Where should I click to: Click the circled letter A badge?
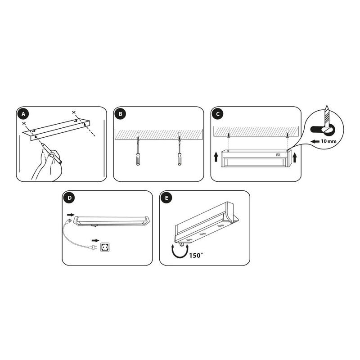[x=23, y=114]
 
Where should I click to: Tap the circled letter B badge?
[x=121, y=114]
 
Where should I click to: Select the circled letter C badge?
[x=218, y=114]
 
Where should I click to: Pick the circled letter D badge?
[x=70, y=198]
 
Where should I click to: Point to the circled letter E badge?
[x=166, y=198]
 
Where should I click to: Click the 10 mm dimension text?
[x=328, y=141]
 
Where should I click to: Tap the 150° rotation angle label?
[x=196, y=255]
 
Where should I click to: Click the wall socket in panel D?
[x=104, y=247]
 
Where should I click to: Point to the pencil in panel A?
[x=51, y=153]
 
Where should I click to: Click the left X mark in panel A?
[x=24, y=123]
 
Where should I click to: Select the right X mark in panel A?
[x=73, y=112]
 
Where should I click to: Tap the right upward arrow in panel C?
[x=295, y=157]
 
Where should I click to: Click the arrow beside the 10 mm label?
[x=315, y=141]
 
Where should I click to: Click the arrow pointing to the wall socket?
[x=95, y=240]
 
